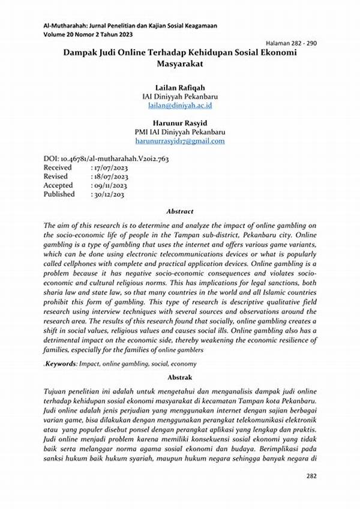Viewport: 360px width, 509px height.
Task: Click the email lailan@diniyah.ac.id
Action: pos(180,105)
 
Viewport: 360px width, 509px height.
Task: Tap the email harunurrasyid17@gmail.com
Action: pos(180,141)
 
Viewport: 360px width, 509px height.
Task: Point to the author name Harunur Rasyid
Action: pos(180,122)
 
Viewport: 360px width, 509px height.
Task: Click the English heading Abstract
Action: pos(180,211)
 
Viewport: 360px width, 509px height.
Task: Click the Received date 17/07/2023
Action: pos(110,168)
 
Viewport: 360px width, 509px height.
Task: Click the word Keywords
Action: pos(62,363)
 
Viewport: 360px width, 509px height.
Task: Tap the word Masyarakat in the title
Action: pos(180,62)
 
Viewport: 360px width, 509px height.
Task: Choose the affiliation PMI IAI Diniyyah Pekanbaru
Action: pos(180,132)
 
